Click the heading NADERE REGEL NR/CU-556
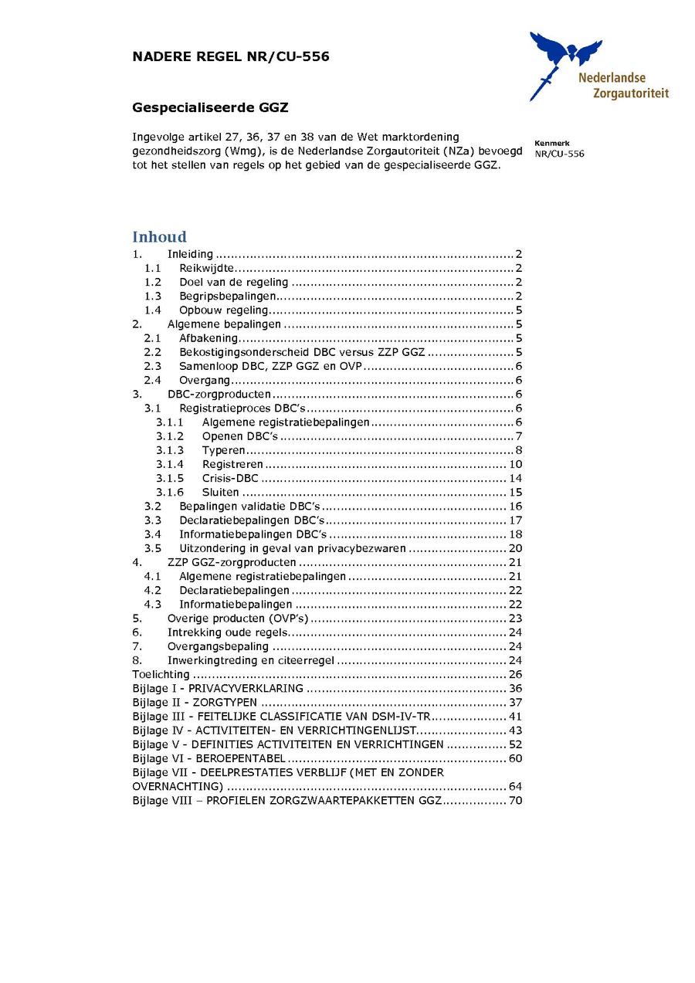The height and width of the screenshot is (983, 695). pos(231,56)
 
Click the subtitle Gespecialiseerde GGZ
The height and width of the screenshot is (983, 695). pos(210,107)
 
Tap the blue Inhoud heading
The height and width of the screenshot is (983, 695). pos(159,237)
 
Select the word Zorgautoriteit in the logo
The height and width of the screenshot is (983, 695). pos(630,94)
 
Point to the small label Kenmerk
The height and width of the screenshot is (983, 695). pos(551,143)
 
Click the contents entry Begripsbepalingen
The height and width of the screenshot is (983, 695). pos(228,296)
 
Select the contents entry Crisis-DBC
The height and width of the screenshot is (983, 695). pos(230,478)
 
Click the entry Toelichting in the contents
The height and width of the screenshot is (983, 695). pos(161,674)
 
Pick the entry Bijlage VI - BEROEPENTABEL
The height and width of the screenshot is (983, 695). pos(208,758)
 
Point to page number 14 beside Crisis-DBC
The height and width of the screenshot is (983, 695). pos(515,478)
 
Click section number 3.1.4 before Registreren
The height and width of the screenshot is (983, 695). pos(170,464)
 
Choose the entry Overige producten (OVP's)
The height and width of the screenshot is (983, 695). pos(238,619)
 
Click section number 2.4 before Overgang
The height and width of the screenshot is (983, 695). pos(153,380)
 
